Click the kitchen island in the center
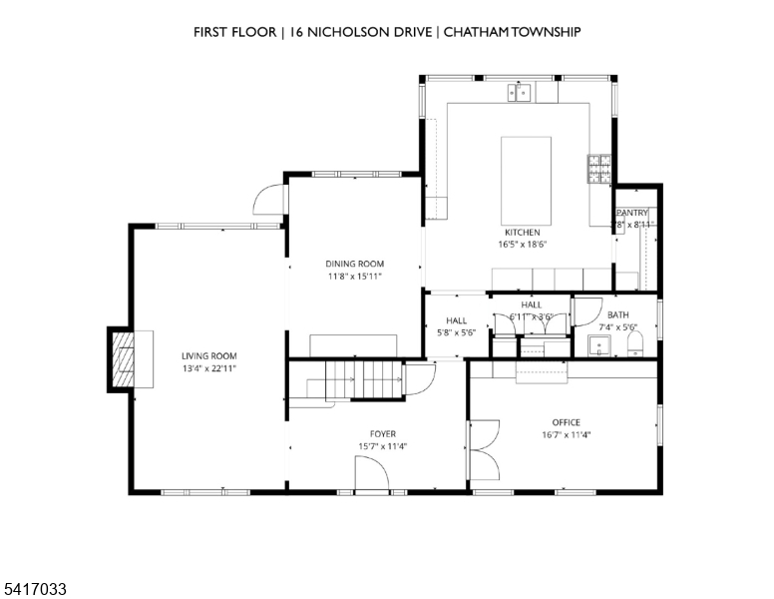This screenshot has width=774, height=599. point(525,180)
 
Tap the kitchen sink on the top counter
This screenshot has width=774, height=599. point(520,93)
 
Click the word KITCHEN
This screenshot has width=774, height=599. point(522,233)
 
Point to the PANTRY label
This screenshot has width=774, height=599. point(632,213)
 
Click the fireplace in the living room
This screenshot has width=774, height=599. point(123,358)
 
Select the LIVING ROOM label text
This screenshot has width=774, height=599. point(208,356)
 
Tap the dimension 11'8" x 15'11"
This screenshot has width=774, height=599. point(354,277)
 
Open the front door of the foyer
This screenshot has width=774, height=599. point(371,475)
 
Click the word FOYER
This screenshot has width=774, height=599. point(383,434)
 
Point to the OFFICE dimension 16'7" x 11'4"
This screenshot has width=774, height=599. point(566,434)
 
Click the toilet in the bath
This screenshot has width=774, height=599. point(636,344)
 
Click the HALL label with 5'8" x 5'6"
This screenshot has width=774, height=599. point(456,326)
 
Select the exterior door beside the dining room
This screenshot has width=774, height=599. point(267,202)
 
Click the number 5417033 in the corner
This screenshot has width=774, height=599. point(35,590)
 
